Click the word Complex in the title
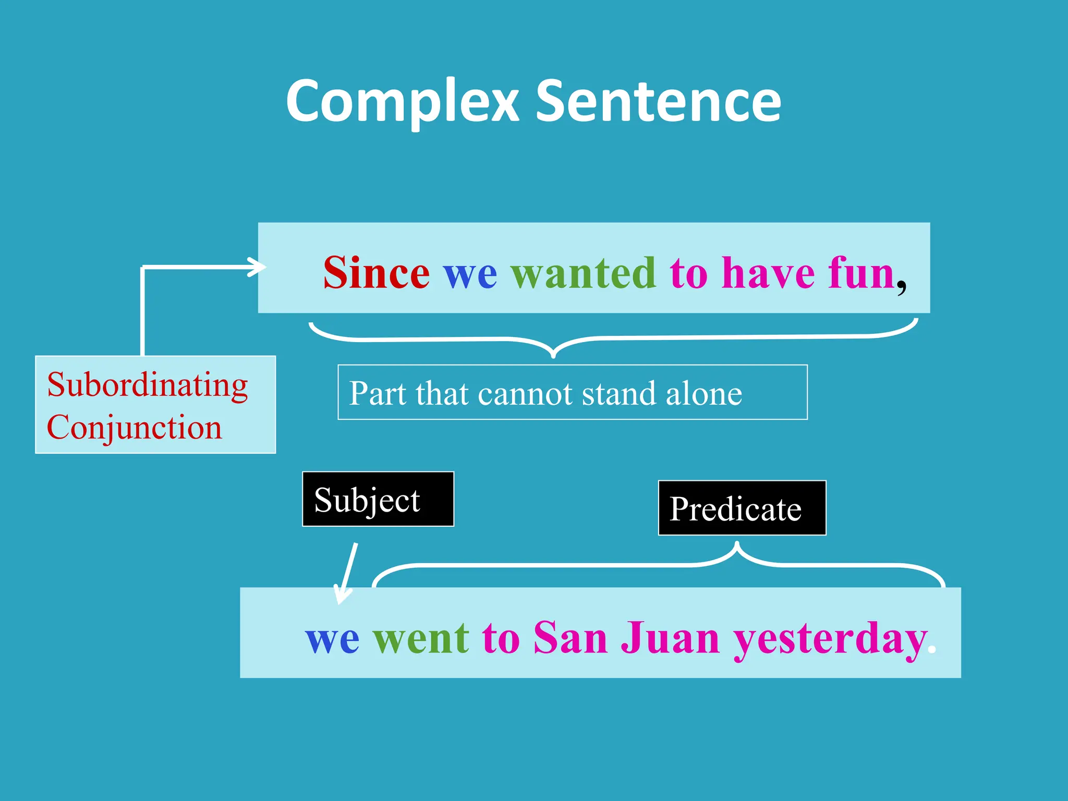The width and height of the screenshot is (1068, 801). (x=402, y=102)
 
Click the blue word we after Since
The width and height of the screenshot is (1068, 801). (x=470, y=274)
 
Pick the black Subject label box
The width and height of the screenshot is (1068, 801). (x=378, y=499)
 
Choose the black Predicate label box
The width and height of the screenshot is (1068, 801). (x=742, y=508)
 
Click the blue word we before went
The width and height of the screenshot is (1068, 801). (x=332, y=639)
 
